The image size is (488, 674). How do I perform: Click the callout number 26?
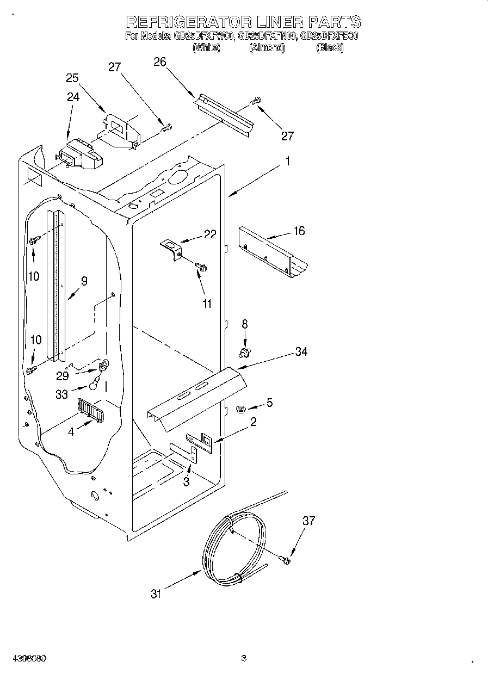(x=159, y=62)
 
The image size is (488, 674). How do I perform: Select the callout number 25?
(x=72, y=78)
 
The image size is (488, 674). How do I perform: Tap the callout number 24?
(x=73, y=97)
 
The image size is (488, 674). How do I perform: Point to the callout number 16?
(x=299, y=231)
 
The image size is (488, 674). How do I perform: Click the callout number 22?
(x=210, y=234)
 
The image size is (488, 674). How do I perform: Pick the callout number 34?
(x=300, y=352)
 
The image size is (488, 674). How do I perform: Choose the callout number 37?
(x=308, y=521)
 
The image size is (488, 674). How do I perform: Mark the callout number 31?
(x=157, y=594)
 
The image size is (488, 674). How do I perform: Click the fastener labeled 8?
(x=245, y=353)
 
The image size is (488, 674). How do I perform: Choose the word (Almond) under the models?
(x=267, y=48)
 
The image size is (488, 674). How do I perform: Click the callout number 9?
(x=84, y=281)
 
